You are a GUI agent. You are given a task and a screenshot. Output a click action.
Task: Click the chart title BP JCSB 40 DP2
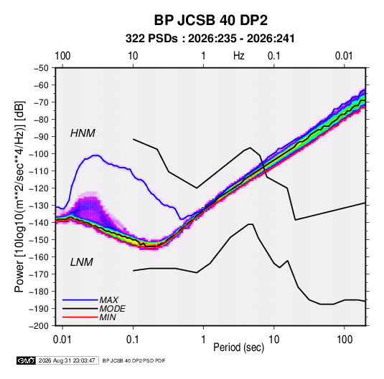(x=210, y=20)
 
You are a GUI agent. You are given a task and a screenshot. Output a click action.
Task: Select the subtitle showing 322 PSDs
(x=210, y=39)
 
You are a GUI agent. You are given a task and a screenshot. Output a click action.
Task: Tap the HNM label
(x=83, y=133)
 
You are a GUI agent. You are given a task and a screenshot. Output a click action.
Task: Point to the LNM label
(x=82, y=262)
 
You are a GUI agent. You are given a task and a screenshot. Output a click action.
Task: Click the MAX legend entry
(x=108, y=299)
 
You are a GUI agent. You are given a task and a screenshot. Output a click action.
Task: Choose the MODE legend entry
(x=113, y=309)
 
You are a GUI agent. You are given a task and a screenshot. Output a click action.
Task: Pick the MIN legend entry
(x=108, y=317)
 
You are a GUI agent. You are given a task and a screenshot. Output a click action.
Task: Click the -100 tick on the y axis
(x=39, y=154)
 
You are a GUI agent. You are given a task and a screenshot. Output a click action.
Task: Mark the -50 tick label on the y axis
(x=41, y=68)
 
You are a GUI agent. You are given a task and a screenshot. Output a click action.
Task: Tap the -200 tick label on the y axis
(x=39, y=326)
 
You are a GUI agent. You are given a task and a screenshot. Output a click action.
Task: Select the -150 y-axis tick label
(x=39, y=240)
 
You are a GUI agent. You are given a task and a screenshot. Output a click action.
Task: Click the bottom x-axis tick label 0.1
(x=133, y=340)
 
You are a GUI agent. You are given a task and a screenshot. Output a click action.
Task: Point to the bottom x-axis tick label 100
(x=345, y=340)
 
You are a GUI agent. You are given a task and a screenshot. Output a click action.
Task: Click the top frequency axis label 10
(x=133, y=56)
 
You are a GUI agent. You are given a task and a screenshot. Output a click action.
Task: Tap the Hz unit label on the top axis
(x=239, y=56)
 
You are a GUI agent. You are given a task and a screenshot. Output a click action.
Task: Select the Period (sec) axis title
(x=239, y=347)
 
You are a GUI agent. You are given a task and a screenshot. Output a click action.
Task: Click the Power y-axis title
(x=19, y=197)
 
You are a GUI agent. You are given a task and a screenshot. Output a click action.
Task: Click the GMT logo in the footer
(x=26, y=360)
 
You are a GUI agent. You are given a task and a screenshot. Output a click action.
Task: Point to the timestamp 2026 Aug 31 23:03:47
(x=67, y=360)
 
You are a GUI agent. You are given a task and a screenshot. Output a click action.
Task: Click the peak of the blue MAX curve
(x=95, y=155)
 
